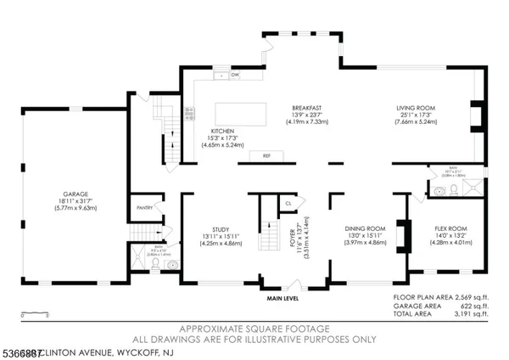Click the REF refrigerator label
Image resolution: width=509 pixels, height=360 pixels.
(x=266, y=156)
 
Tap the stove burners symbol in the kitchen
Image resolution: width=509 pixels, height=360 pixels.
(x=189, y=111)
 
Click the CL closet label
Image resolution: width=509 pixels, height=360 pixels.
(x=289, y=204)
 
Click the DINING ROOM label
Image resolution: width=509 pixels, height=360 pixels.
(x=365, y=228)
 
